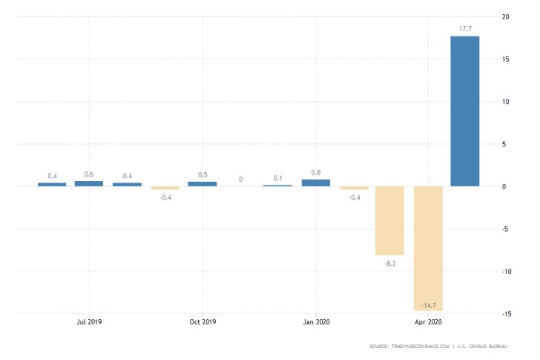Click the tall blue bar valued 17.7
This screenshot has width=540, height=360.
point(464,111)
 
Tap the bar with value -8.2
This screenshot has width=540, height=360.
point(390,220)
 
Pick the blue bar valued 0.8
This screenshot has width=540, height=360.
point(315,183)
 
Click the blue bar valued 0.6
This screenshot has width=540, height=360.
point(88,183)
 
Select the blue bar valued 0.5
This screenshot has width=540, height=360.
point(202,183)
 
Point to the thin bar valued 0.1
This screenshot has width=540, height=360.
point(277,186)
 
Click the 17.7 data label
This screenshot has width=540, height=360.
point(464,29)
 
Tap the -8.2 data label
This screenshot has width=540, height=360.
point(390,264)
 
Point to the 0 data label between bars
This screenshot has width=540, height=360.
point(240,179)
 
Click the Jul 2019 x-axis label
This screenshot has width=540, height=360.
point(89,322)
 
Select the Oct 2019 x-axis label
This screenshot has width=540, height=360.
point(202,322)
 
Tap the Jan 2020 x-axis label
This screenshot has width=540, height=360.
point(317,322)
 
